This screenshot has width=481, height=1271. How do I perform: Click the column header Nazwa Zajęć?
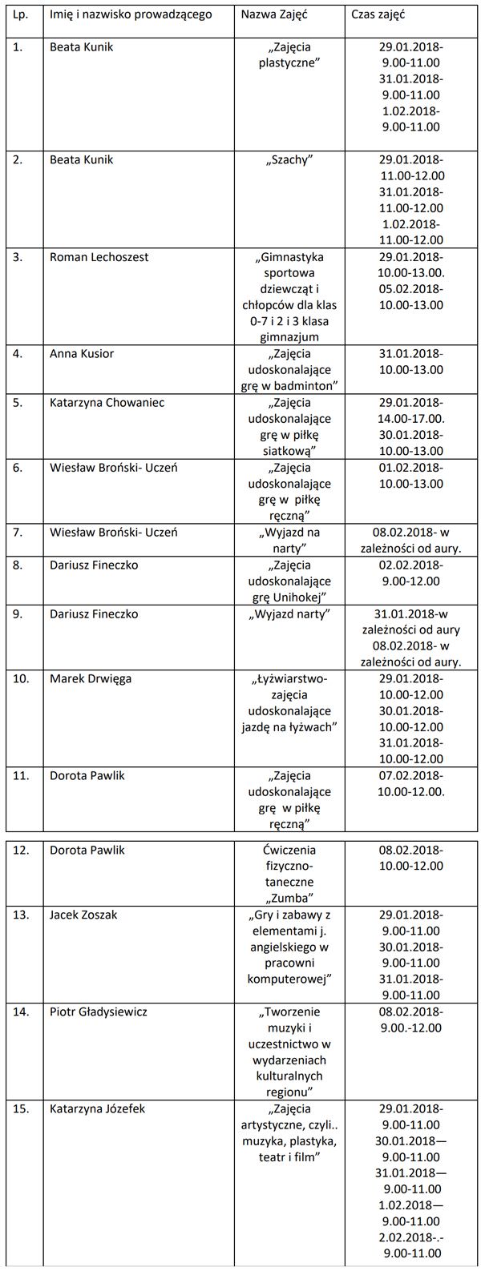[274, 14]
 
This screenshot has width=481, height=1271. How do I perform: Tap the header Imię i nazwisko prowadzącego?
[131, 14]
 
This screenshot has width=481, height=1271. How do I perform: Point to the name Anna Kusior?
[82, 354]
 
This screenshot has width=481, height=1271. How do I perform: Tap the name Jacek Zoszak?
[83, 915]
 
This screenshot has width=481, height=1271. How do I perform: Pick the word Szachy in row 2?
[289, 160]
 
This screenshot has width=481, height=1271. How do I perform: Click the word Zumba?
[289, 898]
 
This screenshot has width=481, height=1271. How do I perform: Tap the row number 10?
[21, 679]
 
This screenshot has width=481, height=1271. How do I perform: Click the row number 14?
[21, 1012]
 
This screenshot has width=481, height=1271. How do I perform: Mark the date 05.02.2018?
[409, 289]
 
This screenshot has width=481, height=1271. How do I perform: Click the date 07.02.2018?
[409, 776]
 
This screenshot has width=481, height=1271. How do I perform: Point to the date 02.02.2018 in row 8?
[409, 565]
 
